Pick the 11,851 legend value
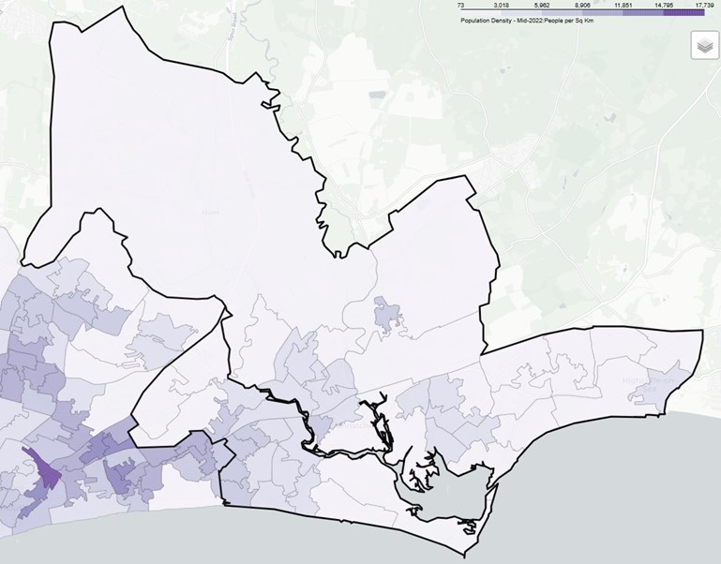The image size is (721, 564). [x=623, y=5]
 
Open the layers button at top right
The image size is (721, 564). [x=704, y=45]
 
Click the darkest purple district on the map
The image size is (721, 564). [x=42, y=468]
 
